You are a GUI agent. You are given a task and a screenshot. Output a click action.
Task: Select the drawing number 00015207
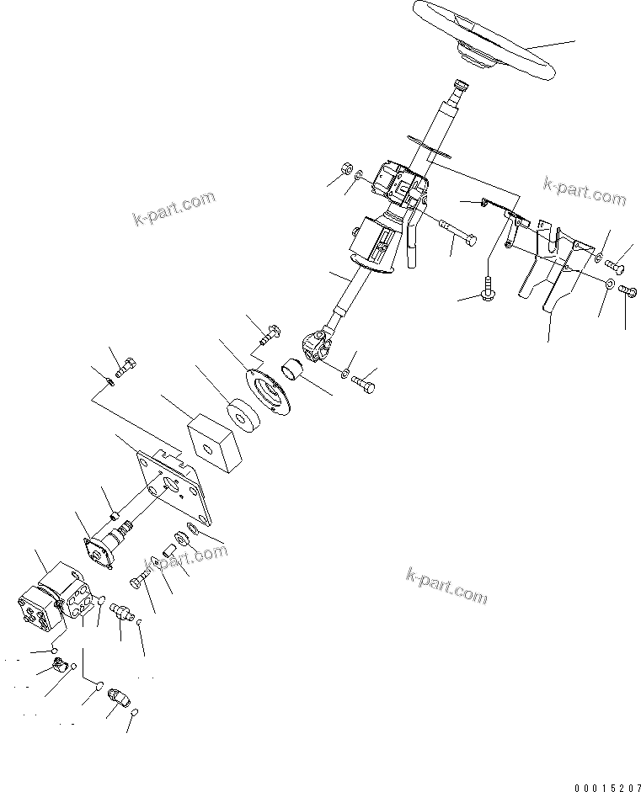point(604,785)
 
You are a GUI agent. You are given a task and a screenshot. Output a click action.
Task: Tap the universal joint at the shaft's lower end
point(322,345)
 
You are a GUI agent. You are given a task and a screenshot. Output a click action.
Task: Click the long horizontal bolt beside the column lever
point(457,231)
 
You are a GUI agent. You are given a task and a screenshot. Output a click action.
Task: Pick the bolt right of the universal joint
point(363,383)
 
